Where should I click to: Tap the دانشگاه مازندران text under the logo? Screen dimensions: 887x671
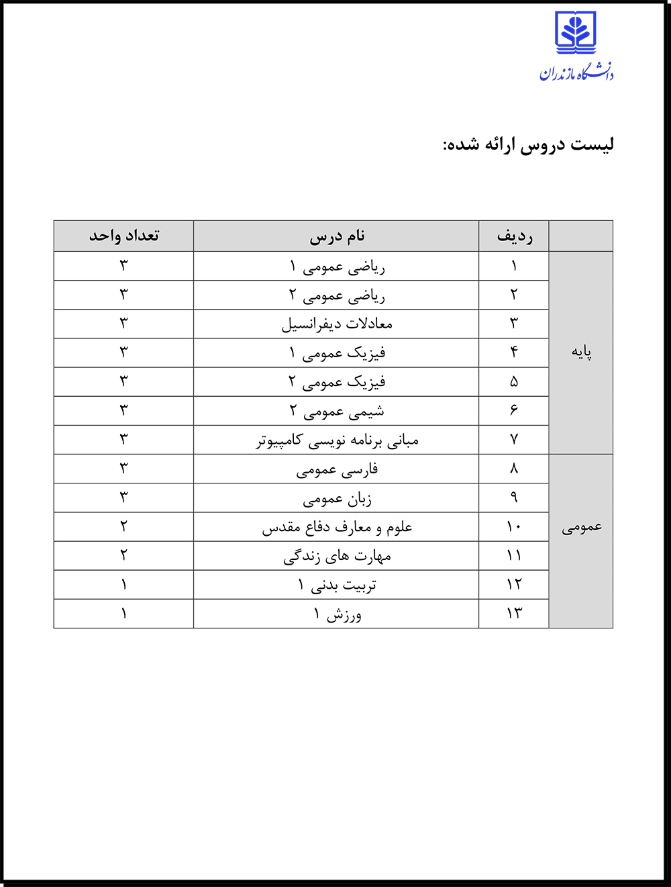(576, 72)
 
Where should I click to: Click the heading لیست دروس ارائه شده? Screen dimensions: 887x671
(527, 145)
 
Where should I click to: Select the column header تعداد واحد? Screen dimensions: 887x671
(124, 236)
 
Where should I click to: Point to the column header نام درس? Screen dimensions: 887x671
(337, 236)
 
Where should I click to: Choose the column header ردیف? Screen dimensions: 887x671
(514, 236)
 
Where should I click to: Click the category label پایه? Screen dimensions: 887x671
(581, 353)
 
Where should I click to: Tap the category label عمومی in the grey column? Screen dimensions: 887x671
(581, 527)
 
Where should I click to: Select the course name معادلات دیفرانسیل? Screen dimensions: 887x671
(337, 324)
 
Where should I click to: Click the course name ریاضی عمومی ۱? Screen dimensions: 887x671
(337, 267)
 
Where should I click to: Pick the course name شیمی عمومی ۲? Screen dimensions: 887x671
(337, 411)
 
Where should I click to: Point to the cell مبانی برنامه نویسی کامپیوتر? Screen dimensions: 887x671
(337, 440)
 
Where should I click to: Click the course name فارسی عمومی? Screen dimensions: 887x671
(337, 469)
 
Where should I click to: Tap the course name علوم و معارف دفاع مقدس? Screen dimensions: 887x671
(337, 527)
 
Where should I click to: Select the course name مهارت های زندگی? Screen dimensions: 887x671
(337, 556)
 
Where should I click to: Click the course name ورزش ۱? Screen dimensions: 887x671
(337, 614)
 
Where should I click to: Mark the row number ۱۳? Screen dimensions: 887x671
(514, 614)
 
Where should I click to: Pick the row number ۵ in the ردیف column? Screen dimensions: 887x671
(514, 381)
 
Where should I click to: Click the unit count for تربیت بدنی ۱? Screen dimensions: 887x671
(124, 585)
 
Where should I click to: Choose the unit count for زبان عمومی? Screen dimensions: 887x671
(124, 498)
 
